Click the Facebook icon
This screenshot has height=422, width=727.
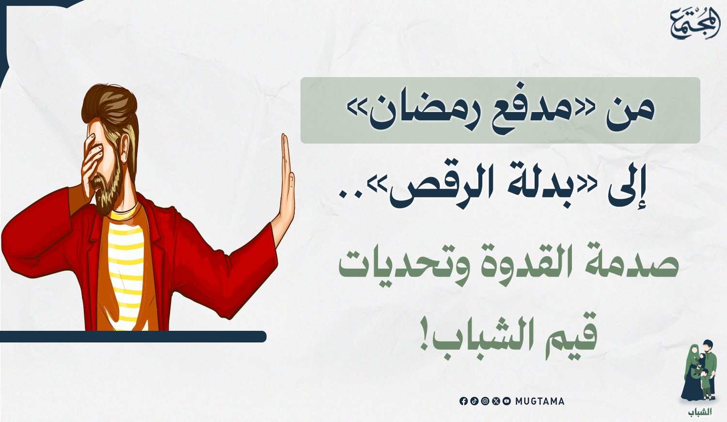coord(463,401)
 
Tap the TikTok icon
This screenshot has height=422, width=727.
coord(474,401)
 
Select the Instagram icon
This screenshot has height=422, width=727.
coord(485,401)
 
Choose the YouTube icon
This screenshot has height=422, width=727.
coord(506,401)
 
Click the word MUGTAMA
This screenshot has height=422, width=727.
coord(540,401)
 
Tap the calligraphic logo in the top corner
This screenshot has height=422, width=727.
coord(695,24)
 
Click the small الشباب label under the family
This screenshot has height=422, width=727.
coord(699,412)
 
